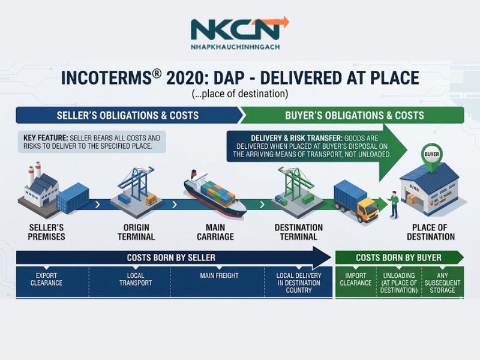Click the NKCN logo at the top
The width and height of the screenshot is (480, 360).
tap(239, 33)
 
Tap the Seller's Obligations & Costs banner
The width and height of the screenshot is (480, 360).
tap(127, 115)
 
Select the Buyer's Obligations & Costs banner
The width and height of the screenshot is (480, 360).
tap(354, 115)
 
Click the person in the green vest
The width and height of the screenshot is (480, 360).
tap(393, 204)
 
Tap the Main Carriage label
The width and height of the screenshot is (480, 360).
tap(214, 232)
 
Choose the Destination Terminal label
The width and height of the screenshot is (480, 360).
tap(298, 232)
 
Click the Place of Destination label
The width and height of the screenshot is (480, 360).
tap(430, 232)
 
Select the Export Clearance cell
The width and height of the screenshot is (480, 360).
tap(46, 280)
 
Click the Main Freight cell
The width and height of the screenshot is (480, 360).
tap(219, 276)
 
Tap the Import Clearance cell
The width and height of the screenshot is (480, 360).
tap(356, 280)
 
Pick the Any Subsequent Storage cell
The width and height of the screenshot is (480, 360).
tap(442, 283)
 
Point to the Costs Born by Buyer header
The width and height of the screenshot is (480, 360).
tap(398, 257)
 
